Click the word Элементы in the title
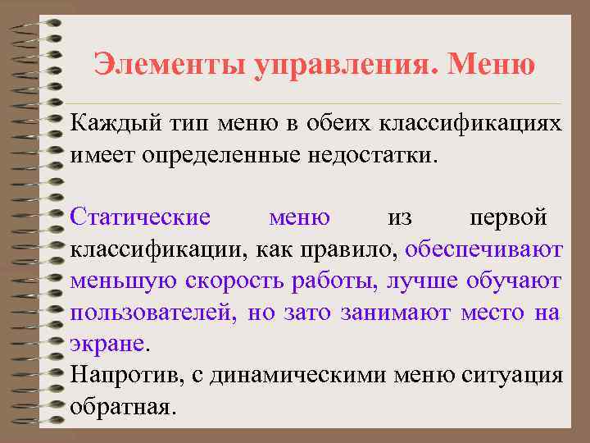pos(152,65)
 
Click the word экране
pos(107,344)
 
